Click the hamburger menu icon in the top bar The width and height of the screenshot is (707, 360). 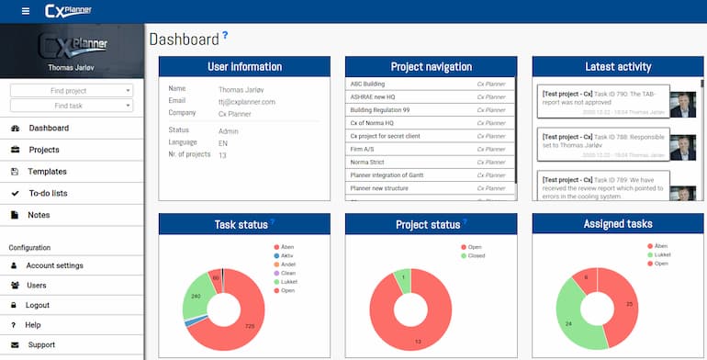(25, 10)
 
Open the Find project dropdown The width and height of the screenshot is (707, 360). (72, 91)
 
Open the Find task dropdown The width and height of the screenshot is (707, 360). (72, 106)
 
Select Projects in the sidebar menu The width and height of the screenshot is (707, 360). (44, 150)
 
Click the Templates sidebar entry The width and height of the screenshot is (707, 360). (48, 172)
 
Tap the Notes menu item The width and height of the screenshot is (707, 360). (39, 215)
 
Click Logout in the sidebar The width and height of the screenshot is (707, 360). (38, 305)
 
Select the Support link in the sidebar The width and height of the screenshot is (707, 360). (41, 345)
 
